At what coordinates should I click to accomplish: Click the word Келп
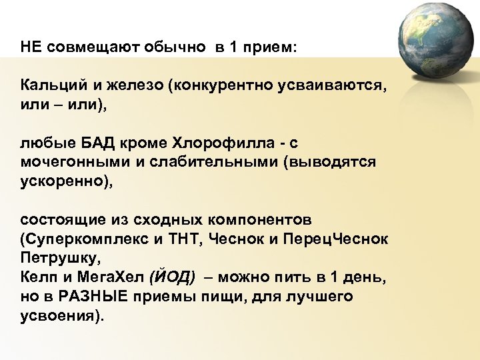pos(36,276)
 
